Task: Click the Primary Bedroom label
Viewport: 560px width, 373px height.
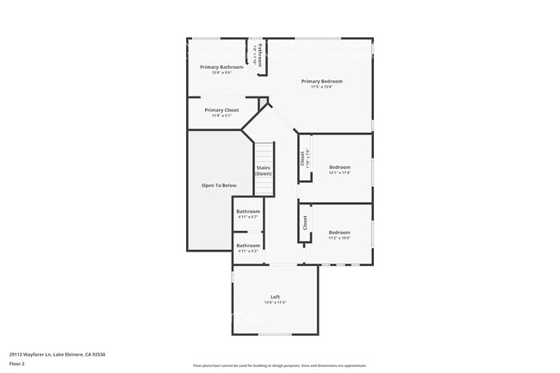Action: coord(316,82)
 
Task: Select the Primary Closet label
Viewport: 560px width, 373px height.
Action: coord(221,110)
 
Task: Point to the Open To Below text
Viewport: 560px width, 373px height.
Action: coord(219,185)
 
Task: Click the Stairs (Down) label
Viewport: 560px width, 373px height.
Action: coord(264,171)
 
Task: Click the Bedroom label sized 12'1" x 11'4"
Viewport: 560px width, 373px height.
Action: coord(339,166)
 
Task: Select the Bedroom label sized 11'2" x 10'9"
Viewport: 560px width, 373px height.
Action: coord(339,232)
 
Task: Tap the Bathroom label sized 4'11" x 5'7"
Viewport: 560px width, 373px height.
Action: coord(248,211)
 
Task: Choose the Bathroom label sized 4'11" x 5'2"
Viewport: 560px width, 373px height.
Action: coord(248,246)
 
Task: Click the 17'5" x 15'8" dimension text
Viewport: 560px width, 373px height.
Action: coord(316,87)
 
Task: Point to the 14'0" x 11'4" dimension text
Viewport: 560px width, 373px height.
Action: coord(275,303)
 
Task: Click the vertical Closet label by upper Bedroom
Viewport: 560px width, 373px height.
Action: coord(302,159)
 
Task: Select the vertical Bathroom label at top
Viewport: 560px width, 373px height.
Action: coord(261,56)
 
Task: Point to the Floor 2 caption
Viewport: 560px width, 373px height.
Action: coord(17,364)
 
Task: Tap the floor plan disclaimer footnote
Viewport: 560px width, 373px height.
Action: coord(280,366)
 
